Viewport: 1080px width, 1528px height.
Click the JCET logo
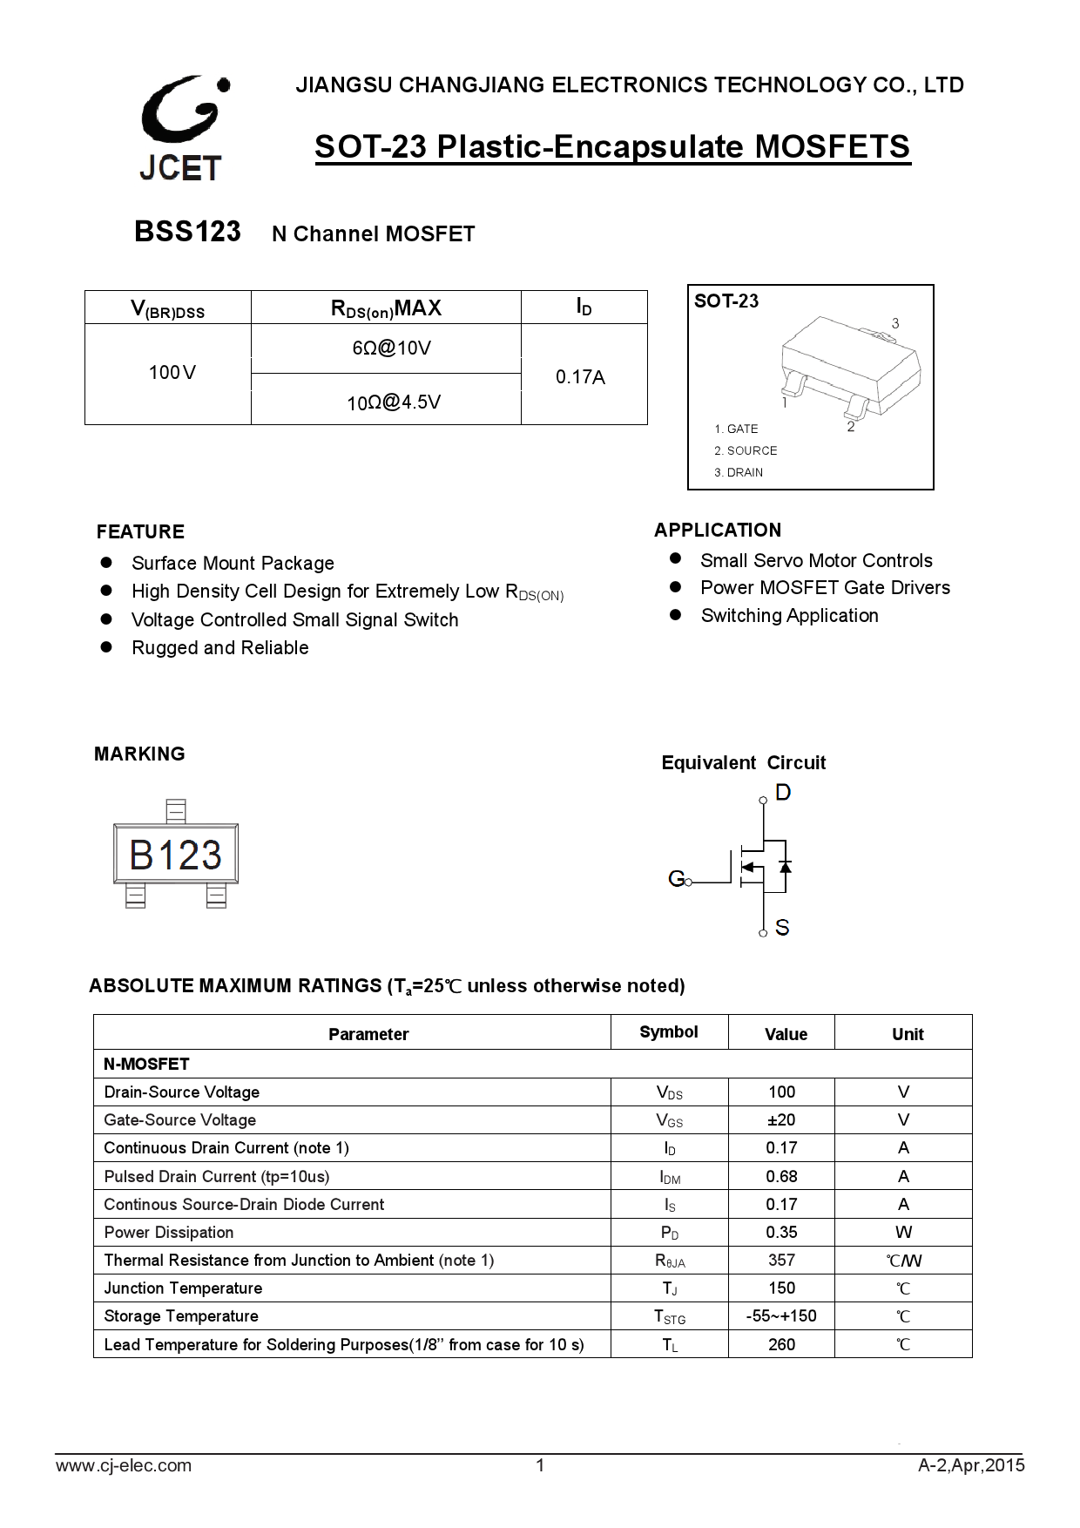(x=182, y=128)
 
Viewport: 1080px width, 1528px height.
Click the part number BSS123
(x=187, y=232)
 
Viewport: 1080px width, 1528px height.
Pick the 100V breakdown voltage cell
(x=172, y=373)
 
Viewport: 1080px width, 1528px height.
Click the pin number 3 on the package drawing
(x=895, y=323)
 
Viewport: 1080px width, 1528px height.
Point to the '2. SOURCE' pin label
(x=746, y=450)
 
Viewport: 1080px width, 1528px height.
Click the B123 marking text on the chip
(x=175, y=855)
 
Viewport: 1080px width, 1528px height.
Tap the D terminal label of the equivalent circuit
(x=783, y=792)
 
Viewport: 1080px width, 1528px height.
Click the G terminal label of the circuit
(x=676, y=879)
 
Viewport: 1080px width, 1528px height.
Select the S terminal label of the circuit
(x=782, y=928)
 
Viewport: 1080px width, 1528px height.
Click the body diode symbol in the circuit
(x=785, y=867)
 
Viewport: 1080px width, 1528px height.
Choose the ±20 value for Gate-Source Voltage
(x=781, y=1119)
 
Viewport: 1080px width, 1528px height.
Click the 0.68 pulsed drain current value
(x=781, y=1176)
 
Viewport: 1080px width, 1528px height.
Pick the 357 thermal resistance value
(x=781, y=1260)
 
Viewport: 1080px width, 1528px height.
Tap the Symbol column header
(x=669, y=1032)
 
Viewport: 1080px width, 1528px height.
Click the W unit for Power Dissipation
(x=903, y=1232)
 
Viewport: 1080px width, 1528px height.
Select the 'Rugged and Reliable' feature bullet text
(x=220, y=647)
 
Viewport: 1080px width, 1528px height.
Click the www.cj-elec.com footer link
(x=124, y=1465)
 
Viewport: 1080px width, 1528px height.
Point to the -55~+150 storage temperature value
(x=781, y=1315)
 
